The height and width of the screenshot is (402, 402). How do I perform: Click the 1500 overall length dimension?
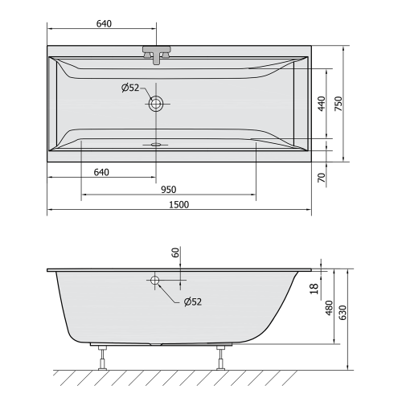point(179,204)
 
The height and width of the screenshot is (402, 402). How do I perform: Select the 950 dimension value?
point(168,189)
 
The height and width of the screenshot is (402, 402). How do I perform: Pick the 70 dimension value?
point(322,177)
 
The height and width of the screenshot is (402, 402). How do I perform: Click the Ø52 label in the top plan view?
point(131,88)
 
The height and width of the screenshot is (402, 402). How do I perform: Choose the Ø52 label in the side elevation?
point(193,301)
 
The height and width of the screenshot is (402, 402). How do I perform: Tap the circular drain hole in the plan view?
point(155,103)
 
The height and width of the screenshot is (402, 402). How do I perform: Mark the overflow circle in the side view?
point(154,281)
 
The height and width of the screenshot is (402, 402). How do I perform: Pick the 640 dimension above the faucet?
point(103,23)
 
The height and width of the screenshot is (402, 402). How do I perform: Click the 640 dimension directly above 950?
point(101,171)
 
